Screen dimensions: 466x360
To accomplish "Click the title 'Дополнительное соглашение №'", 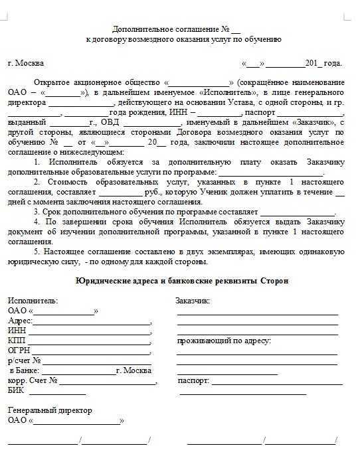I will click(165, 29).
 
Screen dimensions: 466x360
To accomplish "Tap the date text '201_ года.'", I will click(323, 64).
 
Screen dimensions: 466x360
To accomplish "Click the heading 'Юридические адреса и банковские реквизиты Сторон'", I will click(183, 281).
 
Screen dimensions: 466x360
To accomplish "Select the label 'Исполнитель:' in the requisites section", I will click(33, 301).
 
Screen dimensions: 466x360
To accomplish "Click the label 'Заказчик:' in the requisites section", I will click(193, 301).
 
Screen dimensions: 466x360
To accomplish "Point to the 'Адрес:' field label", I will click(20, 321).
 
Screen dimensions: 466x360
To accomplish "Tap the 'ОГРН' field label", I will click(19, 350).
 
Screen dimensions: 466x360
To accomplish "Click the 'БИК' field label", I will click(16, 390).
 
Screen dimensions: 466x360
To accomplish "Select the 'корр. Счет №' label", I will click(33, 380).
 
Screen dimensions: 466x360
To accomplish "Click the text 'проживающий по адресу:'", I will click(224, 341).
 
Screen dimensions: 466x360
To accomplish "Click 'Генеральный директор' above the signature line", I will click(50, 410).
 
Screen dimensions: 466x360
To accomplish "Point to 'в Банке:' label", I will click(24, 370).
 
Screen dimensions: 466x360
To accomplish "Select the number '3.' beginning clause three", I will click(38, 212).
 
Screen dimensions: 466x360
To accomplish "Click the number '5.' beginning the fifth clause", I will click(38, 252).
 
